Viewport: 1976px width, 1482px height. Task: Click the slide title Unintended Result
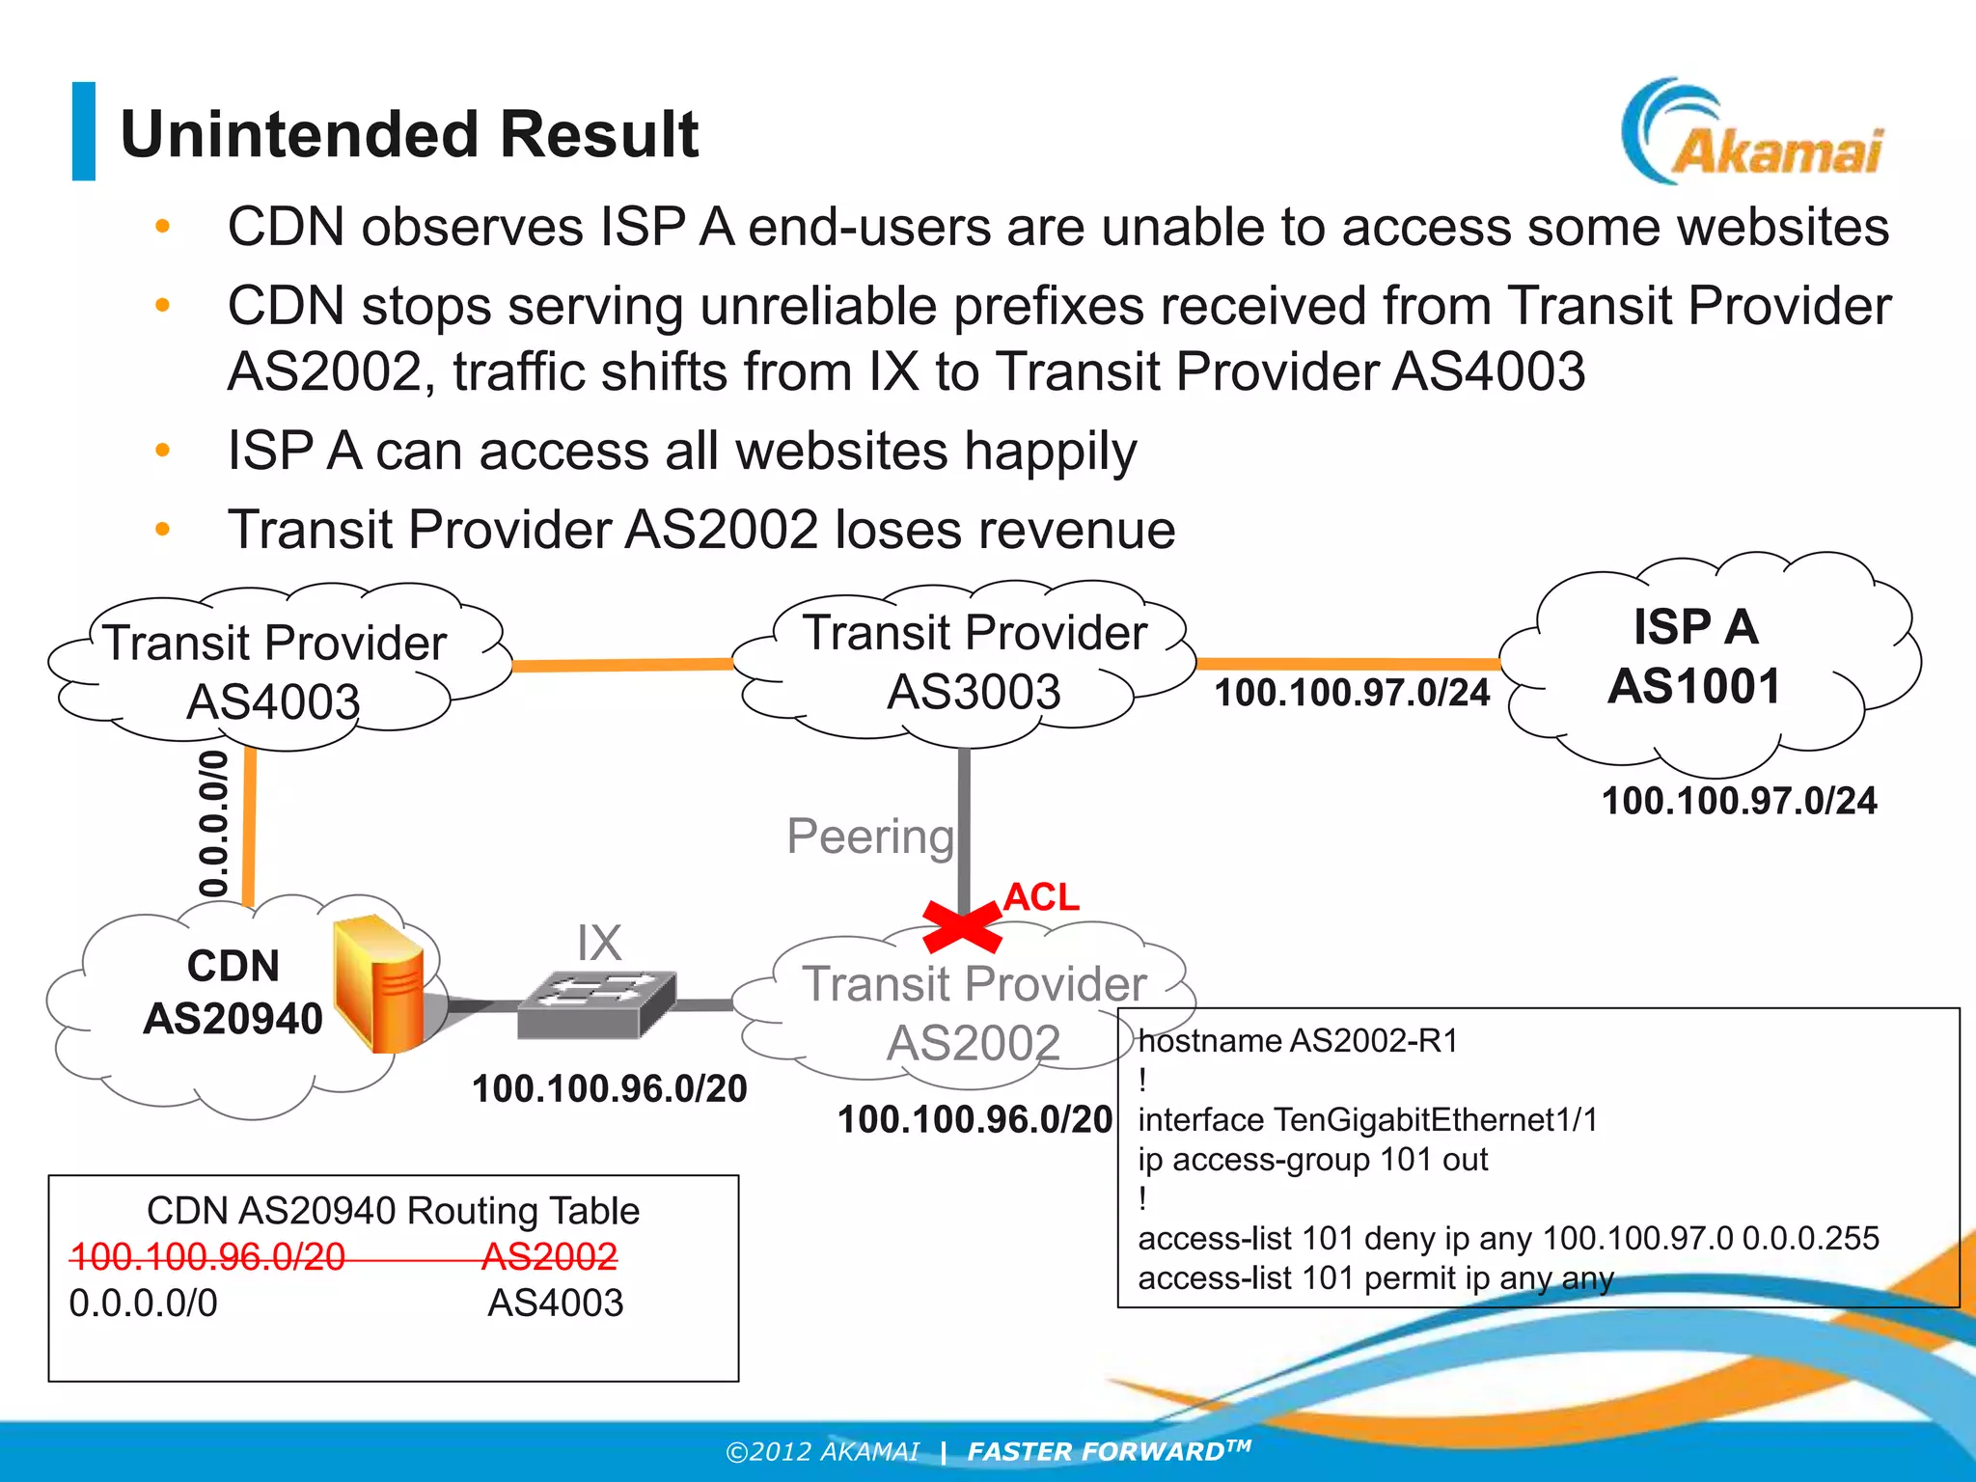coord(409,134)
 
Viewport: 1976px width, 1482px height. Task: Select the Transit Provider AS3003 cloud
coord(974,662)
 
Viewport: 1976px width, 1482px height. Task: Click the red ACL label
coord(1041,897)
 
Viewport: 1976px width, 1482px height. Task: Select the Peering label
coord(869,836)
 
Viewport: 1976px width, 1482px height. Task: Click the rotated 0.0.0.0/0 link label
coord(214,824)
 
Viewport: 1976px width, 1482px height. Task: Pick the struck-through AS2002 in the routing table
coord(549,1256)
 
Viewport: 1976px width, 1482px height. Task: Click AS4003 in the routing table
coord(555,1303)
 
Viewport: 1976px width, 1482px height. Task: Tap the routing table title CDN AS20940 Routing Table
coord(393,1211)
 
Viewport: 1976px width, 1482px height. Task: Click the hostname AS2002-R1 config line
coord(1297,1041)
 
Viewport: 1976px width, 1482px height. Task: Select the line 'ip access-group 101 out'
coord(1312,1160)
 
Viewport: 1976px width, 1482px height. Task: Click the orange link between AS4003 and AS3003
coord(622,665)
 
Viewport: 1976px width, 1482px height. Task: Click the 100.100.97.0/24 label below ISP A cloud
coord(1739,801)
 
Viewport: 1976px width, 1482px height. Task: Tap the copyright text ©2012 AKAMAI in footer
coord(822,1452)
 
